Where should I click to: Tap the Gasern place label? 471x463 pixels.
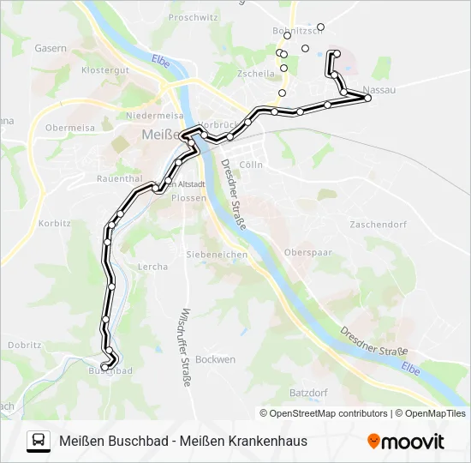pos(51,49)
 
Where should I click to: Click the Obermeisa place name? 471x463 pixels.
pos(70,128)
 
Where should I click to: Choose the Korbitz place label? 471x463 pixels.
pos(54,223)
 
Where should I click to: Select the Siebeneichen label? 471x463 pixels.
pos(217,255)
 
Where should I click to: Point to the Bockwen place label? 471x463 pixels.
pos(215,360)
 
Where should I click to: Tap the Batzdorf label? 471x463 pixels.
pos(308,393)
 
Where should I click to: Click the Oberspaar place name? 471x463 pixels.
pos(307,253)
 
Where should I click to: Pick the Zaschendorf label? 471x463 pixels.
pos(376,225)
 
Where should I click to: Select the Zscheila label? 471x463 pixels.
pos(256,75)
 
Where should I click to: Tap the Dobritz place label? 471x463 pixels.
pos(25,345)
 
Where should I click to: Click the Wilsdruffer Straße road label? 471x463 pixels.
pos(184,347)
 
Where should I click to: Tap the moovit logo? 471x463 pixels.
pos(406,442)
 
